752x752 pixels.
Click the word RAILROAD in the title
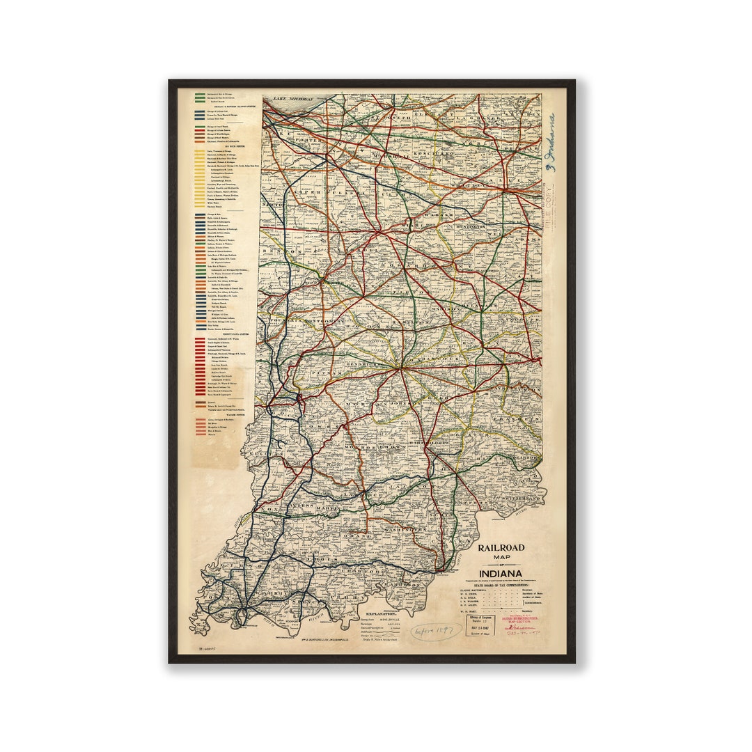(x=501, y=547)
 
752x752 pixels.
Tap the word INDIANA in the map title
(x=501, y=574)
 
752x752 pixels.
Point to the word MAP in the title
(x=501, y=557)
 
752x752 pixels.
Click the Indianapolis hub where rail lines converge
(x=400, y=367)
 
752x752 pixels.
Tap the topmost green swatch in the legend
(x=201, y=95)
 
